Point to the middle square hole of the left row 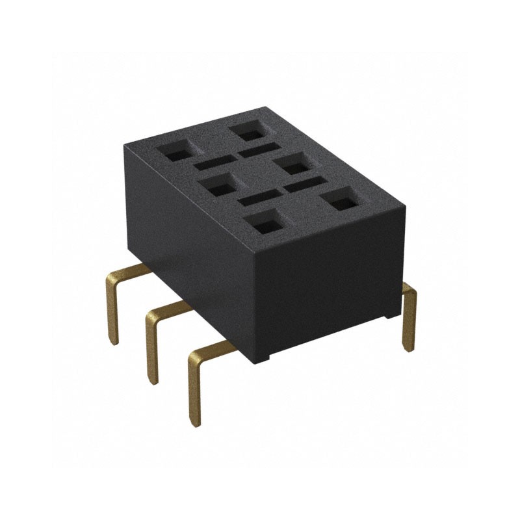point(218,185)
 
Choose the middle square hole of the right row point(293,164)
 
